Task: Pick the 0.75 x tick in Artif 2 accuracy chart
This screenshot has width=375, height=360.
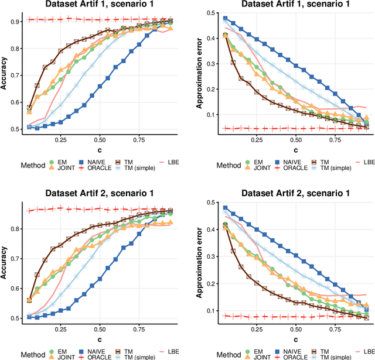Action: (139, 329)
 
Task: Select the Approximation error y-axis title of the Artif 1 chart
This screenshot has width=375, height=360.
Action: (199, 73)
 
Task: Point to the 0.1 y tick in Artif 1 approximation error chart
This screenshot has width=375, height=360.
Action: (211, 115)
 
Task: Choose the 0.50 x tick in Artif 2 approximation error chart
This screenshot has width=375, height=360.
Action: (295, 329)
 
